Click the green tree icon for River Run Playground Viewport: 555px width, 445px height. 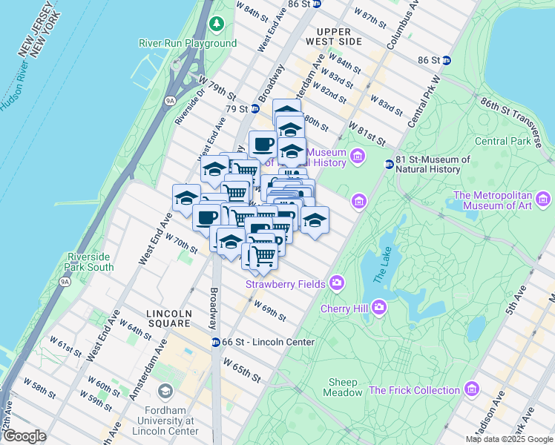216,25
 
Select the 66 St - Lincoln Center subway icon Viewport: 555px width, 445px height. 216,342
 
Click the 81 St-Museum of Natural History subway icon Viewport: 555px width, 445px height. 388,164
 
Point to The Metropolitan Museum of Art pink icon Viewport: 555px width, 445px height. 543,199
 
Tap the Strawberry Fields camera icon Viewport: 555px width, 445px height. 337,282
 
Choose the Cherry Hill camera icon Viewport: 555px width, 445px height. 379,306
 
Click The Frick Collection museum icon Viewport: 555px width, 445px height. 471,389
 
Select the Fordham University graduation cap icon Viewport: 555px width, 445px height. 165,390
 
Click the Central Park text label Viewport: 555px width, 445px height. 503,141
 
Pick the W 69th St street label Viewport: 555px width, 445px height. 269,310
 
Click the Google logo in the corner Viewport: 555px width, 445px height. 24,436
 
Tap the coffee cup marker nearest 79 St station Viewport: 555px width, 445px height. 262,142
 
